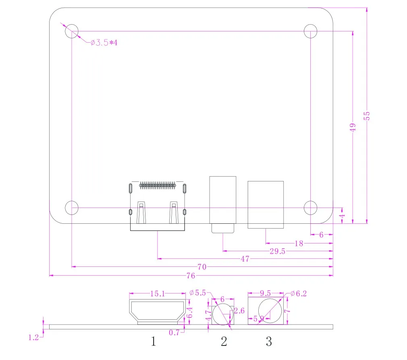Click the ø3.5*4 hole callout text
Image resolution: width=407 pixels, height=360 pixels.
coord(104,42)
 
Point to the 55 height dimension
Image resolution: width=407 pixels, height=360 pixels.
coord(367,116)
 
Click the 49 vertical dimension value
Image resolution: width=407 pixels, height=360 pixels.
coord(353,127)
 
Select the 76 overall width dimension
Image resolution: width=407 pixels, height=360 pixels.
coord(191,276)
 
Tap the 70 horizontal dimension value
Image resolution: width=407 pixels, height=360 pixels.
coord(202,267)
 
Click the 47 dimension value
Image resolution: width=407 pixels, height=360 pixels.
coord(245,259)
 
